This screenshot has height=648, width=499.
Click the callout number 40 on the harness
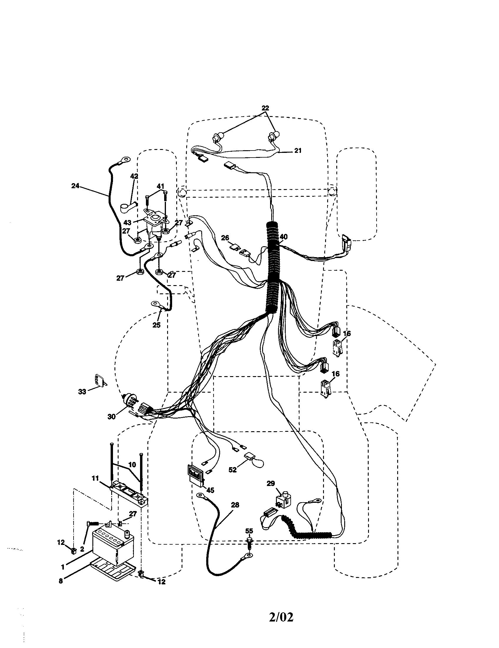pyautogui.click(x=283, y=237)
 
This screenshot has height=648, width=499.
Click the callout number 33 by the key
pyautogui.click(x=82, y=392)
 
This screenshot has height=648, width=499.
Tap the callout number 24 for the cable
pyautogui.click(x=75, y=186)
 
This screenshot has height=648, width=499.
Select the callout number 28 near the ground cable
pyautogui.click(x=235, y=505)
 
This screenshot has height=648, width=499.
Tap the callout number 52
pyautogui.click(x=233, y=470)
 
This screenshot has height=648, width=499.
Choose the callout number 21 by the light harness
pyautogui.click(x=298, y=151)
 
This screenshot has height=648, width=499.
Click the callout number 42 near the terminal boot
pyautogui.click(x=134, y=176)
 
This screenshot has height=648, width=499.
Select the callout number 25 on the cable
pyautogui.click(x=157, y=325)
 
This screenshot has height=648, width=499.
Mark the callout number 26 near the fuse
pyautogui.click(x=225, y=238)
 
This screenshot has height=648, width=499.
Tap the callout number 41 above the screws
pyautogui.click(x=160, y=186)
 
